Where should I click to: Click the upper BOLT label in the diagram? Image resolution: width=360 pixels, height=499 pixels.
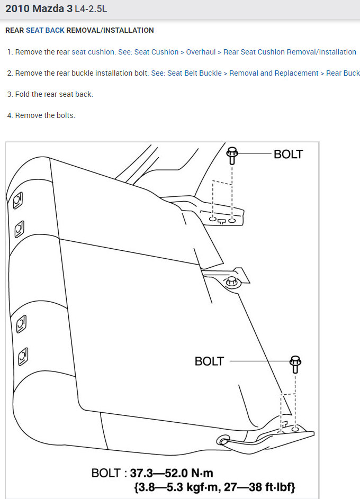(288, 154)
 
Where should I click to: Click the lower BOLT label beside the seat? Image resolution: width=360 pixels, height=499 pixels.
(209, 361)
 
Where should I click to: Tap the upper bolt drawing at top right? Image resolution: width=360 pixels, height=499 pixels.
(231, 155)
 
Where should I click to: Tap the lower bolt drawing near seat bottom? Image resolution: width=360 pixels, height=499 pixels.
(295, 365)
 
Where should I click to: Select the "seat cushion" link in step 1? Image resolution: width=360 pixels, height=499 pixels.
(93, 52)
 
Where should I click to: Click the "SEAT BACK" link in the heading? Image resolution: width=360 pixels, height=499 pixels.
(45, 30)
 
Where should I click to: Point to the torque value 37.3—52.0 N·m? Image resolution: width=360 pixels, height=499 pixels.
(172, 473)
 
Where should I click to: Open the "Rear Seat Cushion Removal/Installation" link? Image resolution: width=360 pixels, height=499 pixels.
(290, 52)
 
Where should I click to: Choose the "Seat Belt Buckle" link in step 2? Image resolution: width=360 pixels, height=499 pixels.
(194, 73)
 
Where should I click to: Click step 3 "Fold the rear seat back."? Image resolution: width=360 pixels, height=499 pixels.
(54, 94)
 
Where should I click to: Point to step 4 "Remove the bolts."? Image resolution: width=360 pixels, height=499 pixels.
(45, 115)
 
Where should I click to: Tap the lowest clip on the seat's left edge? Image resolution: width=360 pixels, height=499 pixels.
(23, 356)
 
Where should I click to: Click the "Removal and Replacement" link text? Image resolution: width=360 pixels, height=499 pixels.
(274, 73)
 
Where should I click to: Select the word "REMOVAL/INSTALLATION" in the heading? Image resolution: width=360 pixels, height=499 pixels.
(110, 30)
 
